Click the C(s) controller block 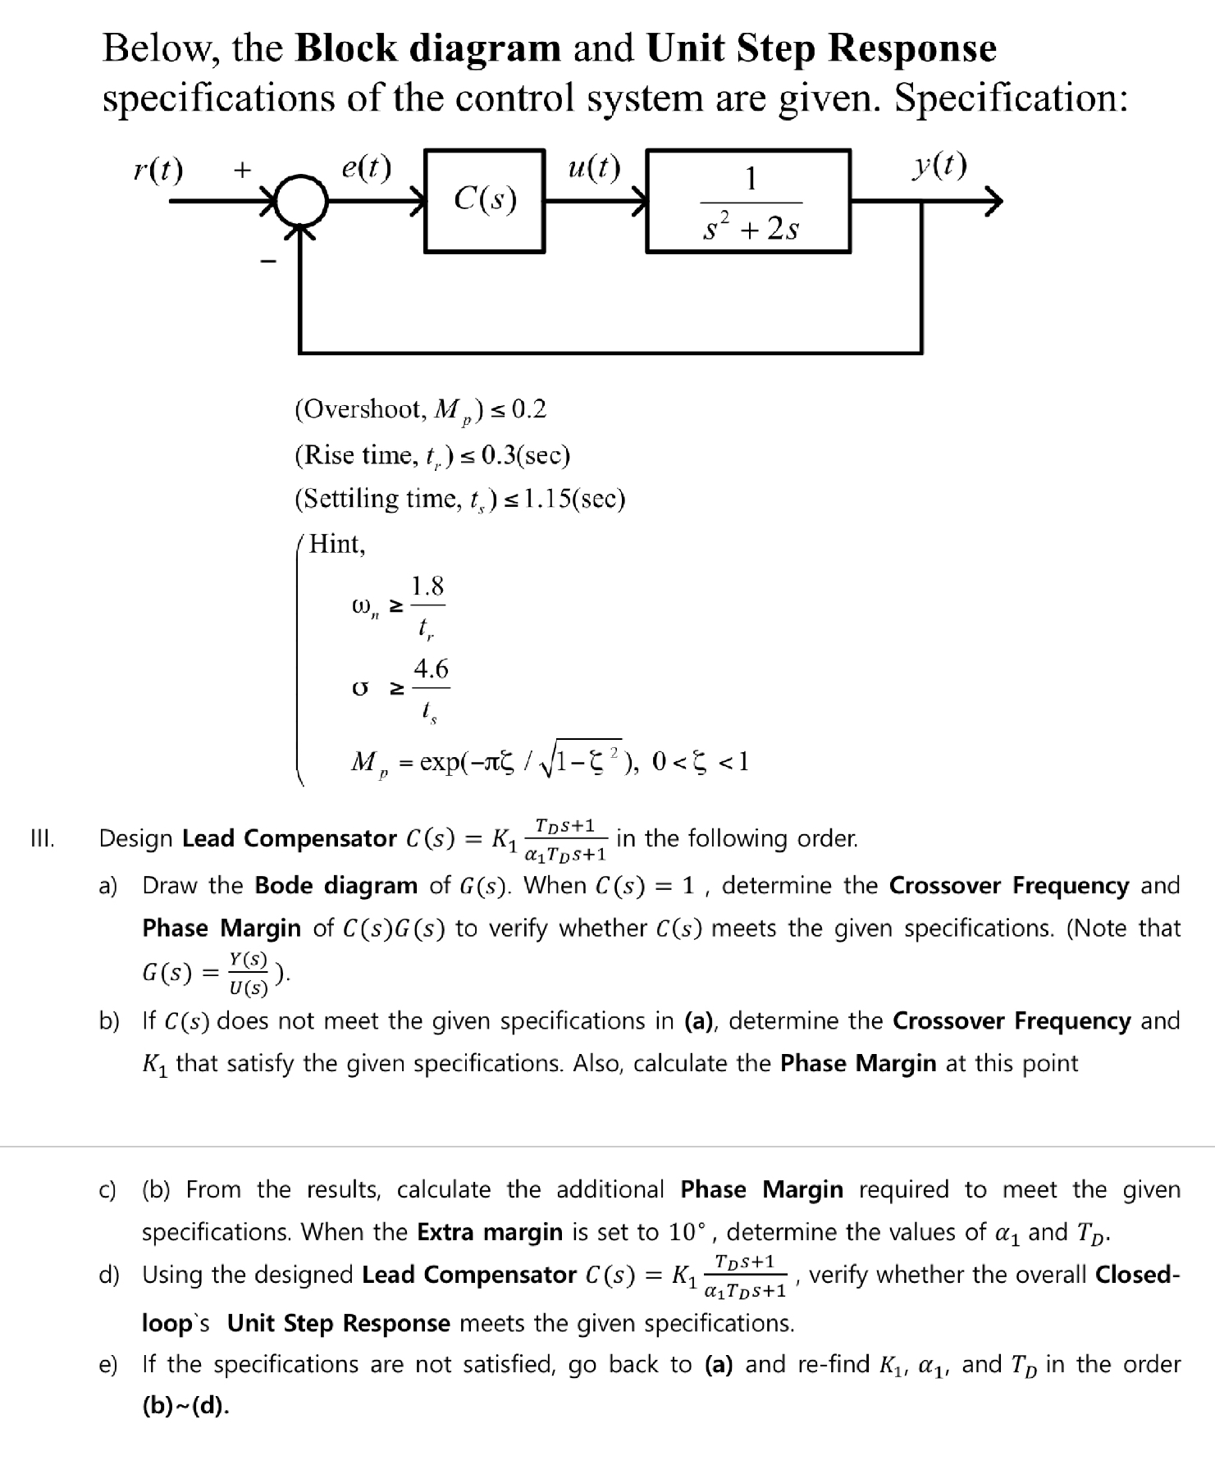pos(485,199)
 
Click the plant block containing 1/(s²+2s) pos(748,201)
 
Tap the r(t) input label pos(158,171)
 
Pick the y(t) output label pos(939,167)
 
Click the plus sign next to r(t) pos(241,171)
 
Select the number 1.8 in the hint pos(427,586)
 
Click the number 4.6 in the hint pos(431,669)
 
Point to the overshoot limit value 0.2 pos(528,408)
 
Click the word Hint pos(336,543)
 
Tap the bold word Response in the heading pos(911,48)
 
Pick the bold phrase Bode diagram pos(336,886)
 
